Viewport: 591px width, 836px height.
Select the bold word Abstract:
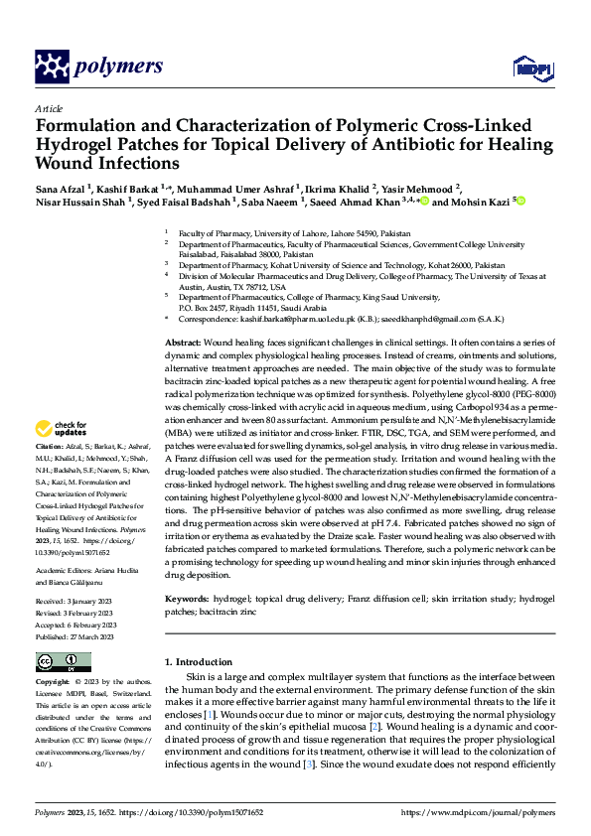(x=186, y=342)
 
